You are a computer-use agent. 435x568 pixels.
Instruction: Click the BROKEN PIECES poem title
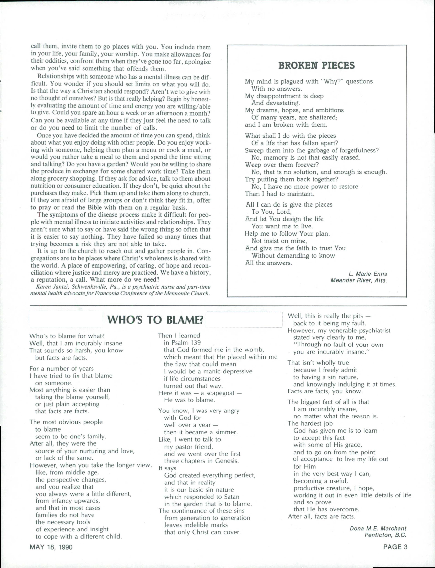point(316,65)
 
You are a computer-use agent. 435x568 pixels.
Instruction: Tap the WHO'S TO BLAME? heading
point(155,320)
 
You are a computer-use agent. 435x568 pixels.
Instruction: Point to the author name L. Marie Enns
point(368,274)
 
